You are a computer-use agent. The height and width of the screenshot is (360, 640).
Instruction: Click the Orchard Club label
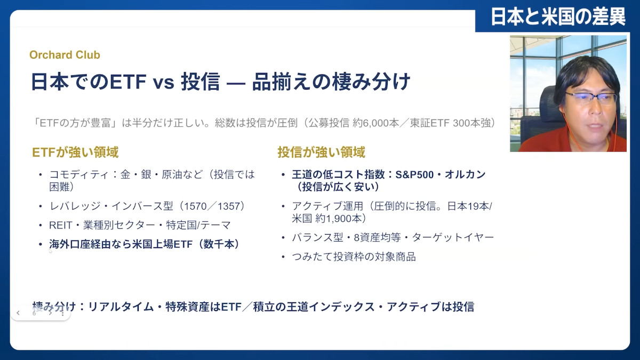tap(65, 55)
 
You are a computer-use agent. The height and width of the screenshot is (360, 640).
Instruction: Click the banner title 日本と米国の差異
tap(558, 17)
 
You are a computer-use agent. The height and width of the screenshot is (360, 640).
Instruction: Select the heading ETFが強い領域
tap(75, 152)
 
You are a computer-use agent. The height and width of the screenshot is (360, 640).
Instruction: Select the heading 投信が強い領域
tap(322, 152)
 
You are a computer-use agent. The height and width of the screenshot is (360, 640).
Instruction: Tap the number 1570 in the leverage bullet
tap(195, 206)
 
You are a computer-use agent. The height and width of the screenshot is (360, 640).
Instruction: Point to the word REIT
tap(61, 225)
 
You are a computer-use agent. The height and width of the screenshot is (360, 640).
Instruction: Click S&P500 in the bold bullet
tap(414, 174)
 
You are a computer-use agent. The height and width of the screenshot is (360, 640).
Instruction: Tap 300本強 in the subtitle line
tap(474, 123)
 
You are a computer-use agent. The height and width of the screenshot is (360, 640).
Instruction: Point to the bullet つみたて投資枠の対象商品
tap(354, 257)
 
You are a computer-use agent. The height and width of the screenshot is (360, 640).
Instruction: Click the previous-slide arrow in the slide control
tap(18, 313)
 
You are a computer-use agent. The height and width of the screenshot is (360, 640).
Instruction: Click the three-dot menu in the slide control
tap(62, 313)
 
